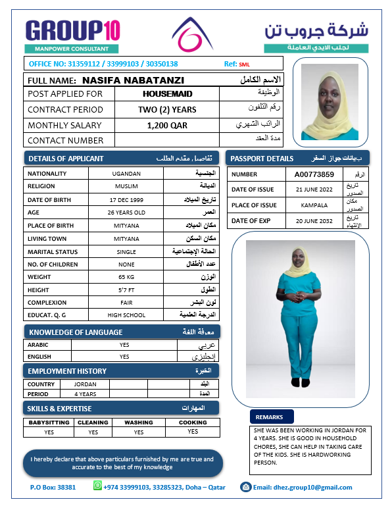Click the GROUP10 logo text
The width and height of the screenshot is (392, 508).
(72, 30)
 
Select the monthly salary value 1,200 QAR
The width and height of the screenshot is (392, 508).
(167, 125)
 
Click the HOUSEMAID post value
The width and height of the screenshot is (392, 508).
(167, 94)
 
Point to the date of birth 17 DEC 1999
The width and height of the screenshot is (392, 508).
(127, 199)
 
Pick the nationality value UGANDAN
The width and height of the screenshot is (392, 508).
(127, 174)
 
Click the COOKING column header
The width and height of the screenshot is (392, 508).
(193, 422)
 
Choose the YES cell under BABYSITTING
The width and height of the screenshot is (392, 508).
(49, 432)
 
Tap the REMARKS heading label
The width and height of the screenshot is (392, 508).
(269, 417)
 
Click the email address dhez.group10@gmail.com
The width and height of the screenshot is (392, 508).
(303, 488)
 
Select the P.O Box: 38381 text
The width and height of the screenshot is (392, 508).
(53, 488)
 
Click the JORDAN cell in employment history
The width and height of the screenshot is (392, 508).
(86, 384)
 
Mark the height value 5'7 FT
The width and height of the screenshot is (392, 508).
(127, 290)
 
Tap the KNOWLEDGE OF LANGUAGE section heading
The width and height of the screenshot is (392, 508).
(76, 332)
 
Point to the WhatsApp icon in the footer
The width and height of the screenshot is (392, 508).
(98, 486)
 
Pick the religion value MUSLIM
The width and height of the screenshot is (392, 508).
(127, 187)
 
